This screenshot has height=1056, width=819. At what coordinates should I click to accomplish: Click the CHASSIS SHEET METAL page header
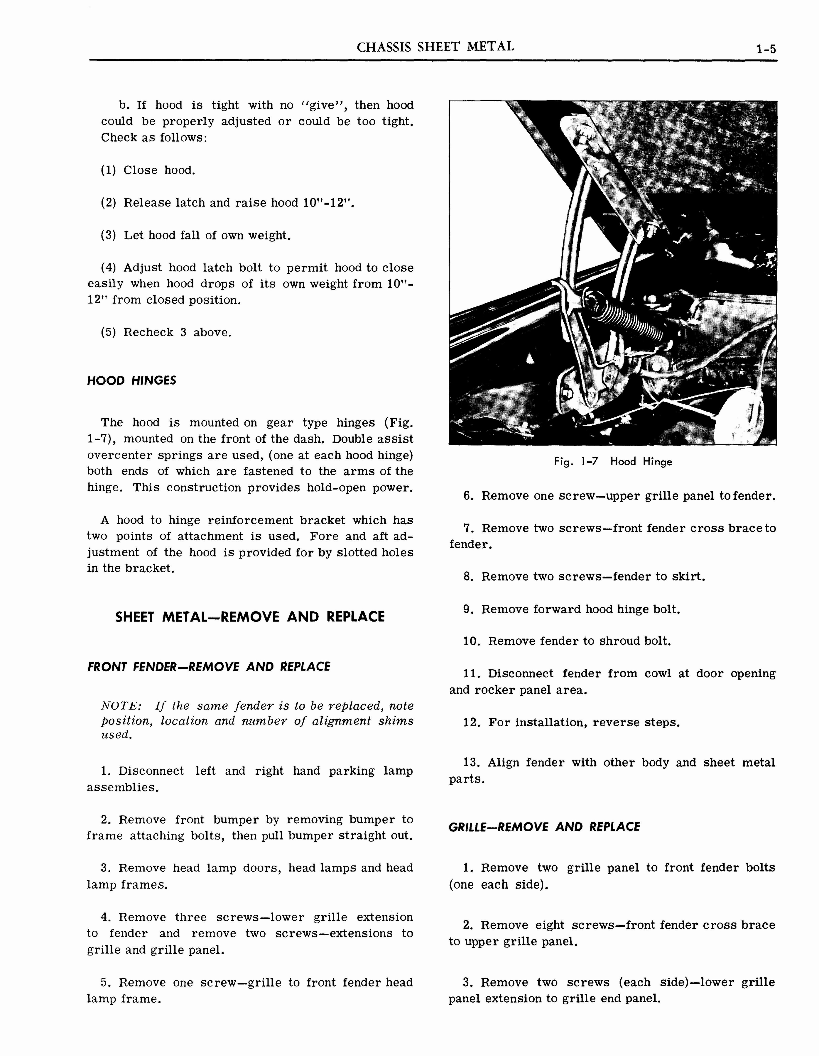click(435, 47)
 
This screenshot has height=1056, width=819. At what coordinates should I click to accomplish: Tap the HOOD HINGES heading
click(131, 380)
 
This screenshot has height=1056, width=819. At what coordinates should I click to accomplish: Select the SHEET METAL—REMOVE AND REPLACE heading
click(250, 617)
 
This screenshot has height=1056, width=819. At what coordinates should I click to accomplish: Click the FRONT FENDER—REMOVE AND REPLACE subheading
click(209, 667)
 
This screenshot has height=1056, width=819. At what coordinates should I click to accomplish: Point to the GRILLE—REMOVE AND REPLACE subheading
click(544, 827)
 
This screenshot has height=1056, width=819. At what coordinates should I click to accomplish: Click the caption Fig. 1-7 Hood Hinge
click(613, 462)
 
